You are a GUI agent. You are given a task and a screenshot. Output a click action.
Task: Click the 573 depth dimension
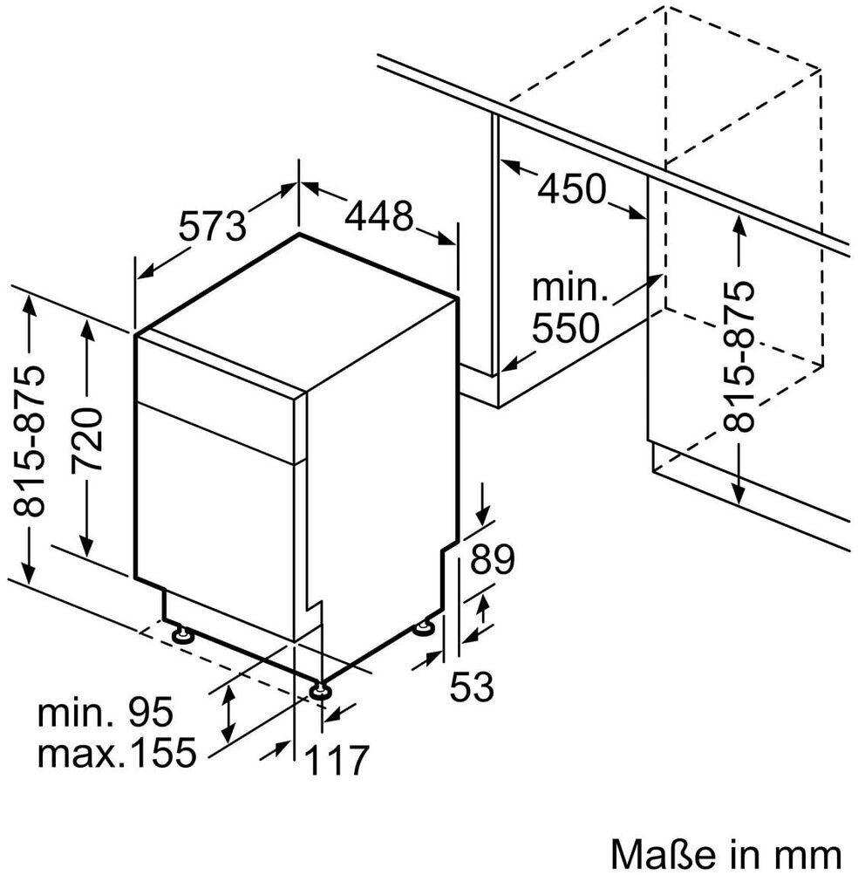(x=213, y=225)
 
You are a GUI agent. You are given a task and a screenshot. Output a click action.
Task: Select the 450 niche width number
(x=571, y=188)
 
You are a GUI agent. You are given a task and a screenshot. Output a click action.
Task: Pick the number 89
(x=492, y=559)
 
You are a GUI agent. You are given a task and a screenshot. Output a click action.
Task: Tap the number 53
(x=472, y=687)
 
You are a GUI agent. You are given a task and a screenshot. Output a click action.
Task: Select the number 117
(x=337, y=760)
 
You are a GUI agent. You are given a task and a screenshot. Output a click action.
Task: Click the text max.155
(x=117, y=752)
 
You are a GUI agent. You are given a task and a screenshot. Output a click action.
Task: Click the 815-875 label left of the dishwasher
(x=29, y=441)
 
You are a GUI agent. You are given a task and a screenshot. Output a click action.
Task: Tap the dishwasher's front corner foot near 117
(x=321, y=690)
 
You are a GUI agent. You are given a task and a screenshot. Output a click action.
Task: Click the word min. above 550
(x=569, y=287)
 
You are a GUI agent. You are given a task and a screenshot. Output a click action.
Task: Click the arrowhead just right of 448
(x=446, y=238)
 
